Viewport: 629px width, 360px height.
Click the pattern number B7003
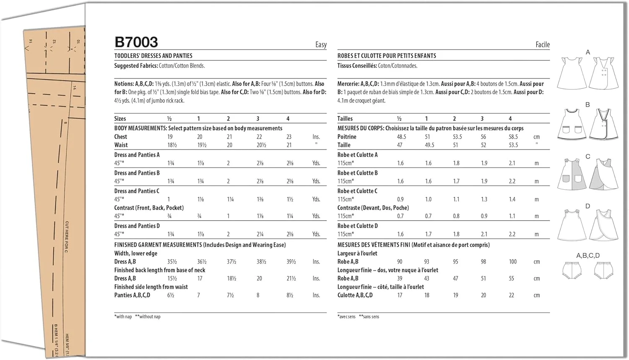tap(136, 42)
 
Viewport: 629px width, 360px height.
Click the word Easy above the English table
tap(321, 44)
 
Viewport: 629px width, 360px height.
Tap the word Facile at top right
tap(542, 44)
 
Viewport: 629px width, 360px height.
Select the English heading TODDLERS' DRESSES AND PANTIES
tap(153, 56)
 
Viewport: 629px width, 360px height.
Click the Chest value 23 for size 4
tap(289, 137)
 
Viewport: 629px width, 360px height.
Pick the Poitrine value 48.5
tap(401, 137)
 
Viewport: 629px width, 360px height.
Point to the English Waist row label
tap(121, 145)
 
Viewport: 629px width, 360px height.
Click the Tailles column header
tap(345, 119)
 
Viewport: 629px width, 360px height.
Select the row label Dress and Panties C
tap(137, 191)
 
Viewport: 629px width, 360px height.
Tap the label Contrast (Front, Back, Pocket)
tap(149, 208)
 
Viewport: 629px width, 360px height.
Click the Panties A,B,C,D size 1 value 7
tap(199, 295)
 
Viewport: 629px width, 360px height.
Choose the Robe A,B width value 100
tap(512, 262)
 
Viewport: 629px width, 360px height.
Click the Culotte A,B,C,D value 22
tap(511, 295)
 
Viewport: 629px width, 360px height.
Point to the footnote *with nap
tap(123, 317)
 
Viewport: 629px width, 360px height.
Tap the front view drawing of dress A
tap(572, 74)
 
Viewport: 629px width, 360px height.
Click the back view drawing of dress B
tap(603, 124)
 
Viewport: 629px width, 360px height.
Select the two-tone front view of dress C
tap(572, 173)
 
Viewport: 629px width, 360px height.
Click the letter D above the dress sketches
tap(587, 206)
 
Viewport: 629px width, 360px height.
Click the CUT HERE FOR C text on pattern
tap(67, 237)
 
